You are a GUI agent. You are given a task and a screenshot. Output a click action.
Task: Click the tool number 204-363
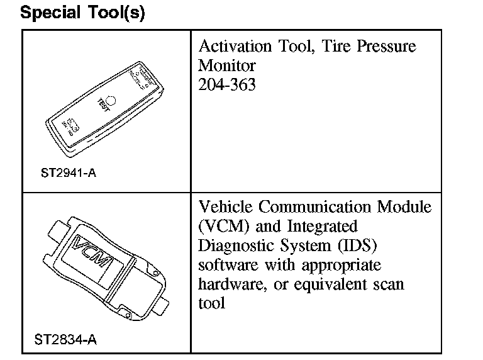coord(227,84)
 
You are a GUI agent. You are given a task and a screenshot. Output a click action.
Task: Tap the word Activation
coord(234,47)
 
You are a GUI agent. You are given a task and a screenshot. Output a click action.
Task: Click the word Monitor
coord(226,65)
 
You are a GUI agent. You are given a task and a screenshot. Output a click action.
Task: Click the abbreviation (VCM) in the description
coord(223,226)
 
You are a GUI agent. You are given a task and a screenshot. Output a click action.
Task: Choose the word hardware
coord(228,284)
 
